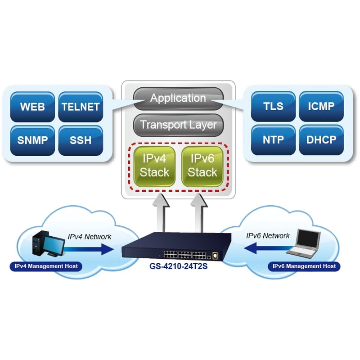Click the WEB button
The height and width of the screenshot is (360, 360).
32,107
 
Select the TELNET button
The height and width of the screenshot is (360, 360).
81,107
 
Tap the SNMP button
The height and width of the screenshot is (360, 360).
32,140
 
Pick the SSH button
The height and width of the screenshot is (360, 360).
81,140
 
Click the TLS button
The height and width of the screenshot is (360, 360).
273,107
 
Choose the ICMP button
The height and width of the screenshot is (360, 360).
321,107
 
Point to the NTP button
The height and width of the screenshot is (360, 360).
273,139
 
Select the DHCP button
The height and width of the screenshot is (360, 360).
321,139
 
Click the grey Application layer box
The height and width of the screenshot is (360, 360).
178,98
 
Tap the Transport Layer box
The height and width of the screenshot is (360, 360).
178,125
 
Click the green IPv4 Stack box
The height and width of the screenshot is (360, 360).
154,166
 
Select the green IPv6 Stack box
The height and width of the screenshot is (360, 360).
202,166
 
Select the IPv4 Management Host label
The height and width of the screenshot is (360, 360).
46,266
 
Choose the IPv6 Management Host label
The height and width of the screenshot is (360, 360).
304,266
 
